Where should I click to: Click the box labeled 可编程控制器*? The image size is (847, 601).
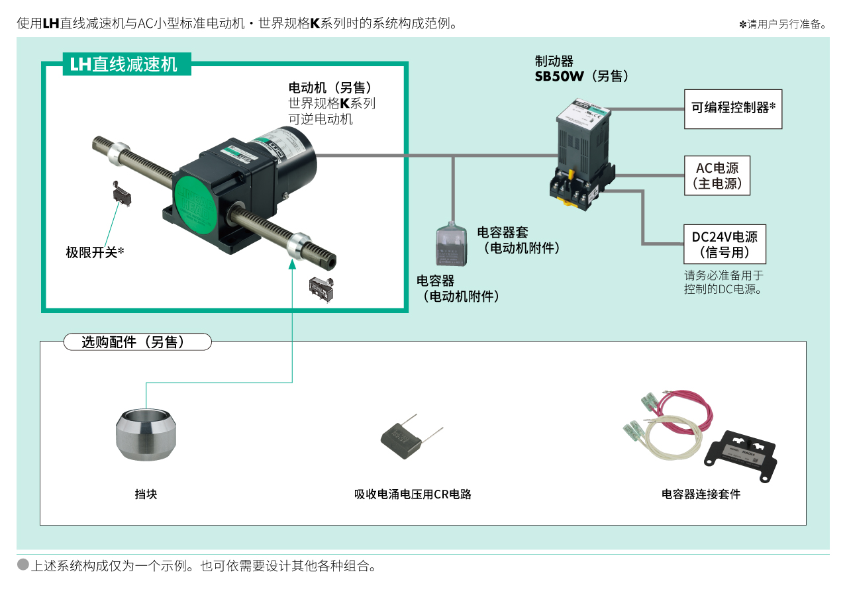pos(732,109)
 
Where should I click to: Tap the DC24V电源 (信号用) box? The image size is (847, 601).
pos(724,244)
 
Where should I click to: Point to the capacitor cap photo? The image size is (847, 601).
pos(452,246)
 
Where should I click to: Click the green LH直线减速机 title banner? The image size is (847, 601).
pos(126,64)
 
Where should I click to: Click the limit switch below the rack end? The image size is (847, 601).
pos(322,289)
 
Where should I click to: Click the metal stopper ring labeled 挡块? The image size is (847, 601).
pos(146,434)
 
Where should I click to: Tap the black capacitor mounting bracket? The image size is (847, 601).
pos(740,455)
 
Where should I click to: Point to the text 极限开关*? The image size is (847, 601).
pos(95,252)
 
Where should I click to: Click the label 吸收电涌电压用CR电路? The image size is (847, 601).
pos(413,494)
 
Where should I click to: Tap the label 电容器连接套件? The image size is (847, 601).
pos(701,494)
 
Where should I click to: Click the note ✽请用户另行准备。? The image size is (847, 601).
pos(783,24)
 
